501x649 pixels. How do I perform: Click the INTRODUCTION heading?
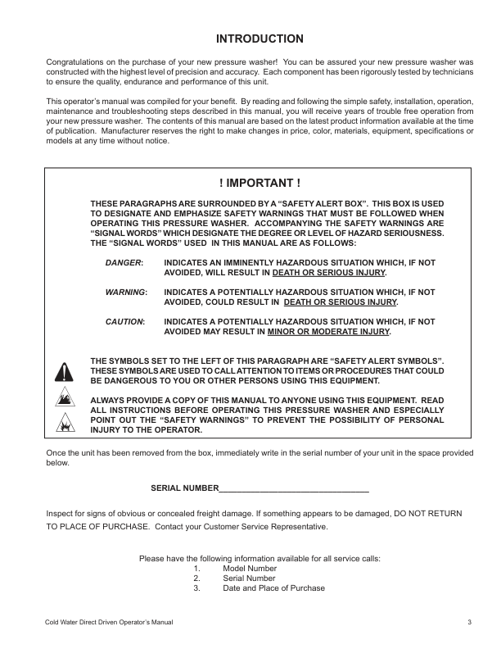click(x=260, y=39)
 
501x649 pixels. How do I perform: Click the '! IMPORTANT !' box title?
click(x=259, y=183)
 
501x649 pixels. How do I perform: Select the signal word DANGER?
click(x=124, y=261)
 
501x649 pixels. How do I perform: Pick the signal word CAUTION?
click(x=124, y=321)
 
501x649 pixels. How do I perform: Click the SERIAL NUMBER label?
click(x=184, y=488)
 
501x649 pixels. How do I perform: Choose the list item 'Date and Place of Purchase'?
click(x=273, y=588)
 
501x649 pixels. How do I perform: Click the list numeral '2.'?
click(x=197, y=579)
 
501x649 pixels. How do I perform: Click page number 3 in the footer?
click(x=470, y=624)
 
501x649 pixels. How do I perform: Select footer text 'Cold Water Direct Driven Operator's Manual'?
click(x=109, y=624)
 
